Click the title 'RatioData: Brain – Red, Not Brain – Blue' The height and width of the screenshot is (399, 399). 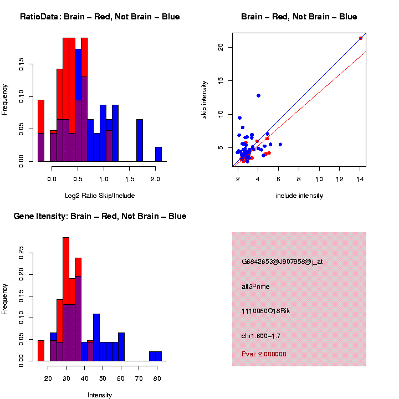point(100,17)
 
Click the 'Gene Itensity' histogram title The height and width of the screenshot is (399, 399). point(100,216)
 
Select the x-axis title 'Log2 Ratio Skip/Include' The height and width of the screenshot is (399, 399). point(100,196)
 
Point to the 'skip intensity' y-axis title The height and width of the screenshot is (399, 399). point(204,99)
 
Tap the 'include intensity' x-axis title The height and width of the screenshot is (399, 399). point(299,196)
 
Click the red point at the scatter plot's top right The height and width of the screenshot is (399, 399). point(361,38)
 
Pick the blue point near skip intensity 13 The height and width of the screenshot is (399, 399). point(258,96)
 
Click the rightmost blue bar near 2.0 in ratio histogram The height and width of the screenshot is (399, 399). point(158,154)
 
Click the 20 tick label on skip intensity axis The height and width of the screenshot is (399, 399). point(221,47)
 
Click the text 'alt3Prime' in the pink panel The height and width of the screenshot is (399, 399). point(255,287)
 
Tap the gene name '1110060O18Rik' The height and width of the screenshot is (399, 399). point(265,311)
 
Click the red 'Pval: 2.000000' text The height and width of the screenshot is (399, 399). point(264,354)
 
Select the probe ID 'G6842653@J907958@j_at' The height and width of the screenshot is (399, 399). point(282,262)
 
